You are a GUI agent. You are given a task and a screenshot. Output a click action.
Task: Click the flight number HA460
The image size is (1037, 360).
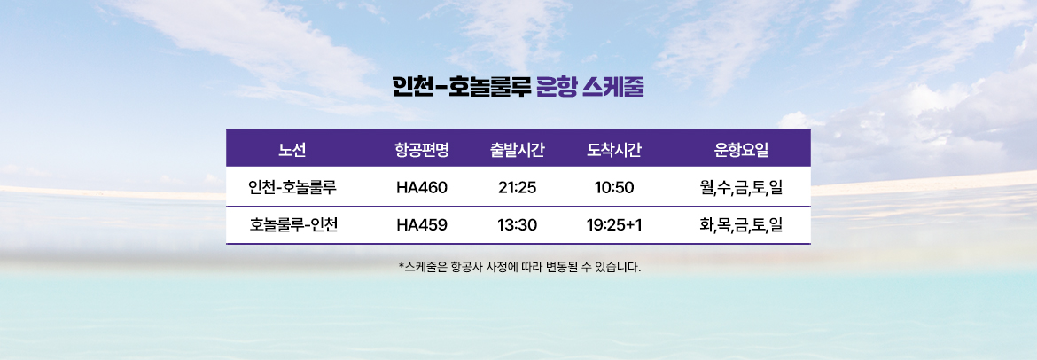point(422,187)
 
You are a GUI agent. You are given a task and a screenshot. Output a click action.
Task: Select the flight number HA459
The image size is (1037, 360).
point(422,225)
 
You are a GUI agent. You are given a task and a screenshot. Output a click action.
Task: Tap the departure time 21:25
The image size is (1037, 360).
point(518,187)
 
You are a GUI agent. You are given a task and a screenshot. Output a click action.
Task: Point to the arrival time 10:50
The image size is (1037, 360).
point(614,187)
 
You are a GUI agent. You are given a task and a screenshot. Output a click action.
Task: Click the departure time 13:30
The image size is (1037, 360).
point(518,225)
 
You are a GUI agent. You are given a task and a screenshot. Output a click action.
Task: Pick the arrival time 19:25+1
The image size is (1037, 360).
point(614,225)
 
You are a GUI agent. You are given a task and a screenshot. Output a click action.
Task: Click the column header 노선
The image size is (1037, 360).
point(292,150)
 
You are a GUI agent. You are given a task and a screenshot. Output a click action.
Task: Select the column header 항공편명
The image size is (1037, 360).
point(422,150)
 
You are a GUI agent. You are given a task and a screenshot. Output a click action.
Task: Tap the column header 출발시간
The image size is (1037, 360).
point(518,150)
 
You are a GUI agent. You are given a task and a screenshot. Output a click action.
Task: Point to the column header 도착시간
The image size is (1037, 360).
point(614,150)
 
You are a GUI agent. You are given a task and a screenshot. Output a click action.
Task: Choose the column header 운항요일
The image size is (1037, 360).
point(741,150)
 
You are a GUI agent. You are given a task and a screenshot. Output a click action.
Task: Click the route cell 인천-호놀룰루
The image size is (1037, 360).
point(293,187)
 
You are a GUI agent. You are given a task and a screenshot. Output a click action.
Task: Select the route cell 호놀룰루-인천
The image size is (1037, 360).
point(293,225)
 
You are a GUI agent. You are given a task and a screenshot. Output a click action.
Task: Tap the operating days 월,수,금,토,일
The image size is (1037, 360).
point(741,188)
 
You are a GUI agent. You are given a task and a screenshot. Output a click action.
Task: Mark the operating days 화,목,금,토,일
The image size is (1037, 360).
point(741,225)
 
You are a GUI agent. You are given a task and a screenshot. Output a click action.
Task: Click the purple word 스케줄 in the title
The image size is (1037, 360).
point(613,88)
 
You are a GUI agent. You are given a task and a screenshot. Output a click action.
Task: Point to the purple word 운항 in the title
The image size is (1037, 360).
point(557,88)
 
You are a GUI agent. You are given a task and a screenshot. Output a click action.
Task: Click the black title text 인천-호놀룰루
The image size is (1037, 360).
point(462,88)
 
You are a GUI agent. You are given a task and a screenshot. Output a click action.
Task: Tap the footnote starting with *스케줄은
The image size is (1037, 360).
point(519,268)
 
